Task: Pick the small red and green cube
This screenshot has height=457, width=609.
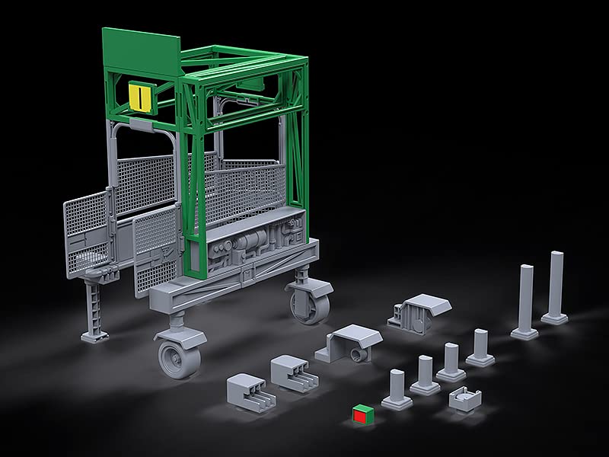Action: [362, 414]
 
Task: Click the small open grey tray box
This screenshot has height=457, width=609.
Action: [466, 397]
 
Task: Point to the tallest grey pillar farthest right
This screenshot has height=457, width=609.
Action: [556, 286]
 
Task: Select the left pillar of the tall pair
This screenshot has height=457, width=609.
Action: [526, 302]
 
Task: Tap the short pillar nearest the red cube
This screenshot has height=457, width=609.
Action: [397, 389]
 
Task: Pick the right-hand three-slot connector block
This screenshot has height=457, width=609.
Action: [292, 372]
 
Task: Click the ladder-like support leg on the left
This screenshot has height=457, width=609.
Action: [94, 304]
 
